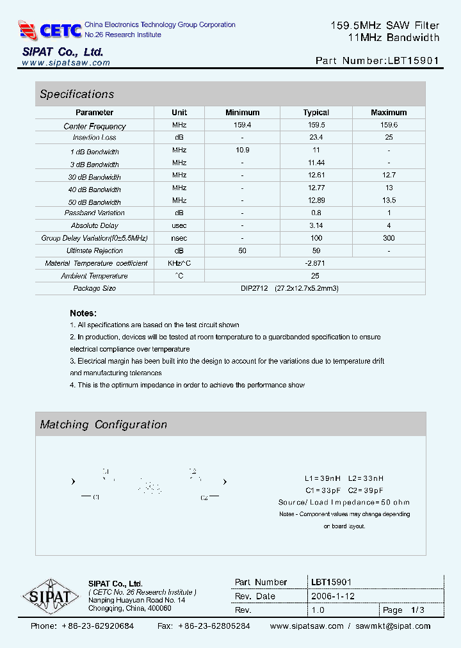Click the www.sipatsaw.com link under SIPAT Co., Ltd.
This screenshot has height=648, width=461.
click(66, 63)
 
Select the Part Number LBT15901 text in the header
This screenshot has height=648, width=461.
click(377, 61)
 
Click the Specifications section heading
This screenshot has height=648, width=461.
click(77, 94)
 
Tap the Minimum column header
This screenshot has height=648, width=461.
click(242, 113)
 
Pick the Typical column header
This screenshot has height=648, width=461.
click(316, 113)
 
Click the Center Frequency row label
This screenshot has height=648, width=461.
click(95, 126)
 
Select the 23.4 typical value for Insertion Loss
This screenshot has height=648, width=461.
click(316, 138)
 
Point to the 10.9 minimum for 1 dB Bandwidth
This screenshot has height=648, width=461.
click(242, 150)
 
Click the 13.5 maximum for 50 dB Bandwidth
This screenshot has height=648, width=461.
click(389, 200)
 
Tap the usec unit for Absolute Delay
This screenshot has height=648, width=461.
click(179, 225)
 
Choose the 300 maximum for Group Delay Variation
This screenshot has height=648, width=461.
click(389, 238)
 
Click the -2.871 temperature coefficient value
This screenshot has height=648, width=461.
click(316, 263)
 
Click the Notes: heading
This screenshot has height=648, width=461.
click(83, 313)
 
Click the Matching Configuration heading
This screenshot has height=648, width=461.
click(103, 425)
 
